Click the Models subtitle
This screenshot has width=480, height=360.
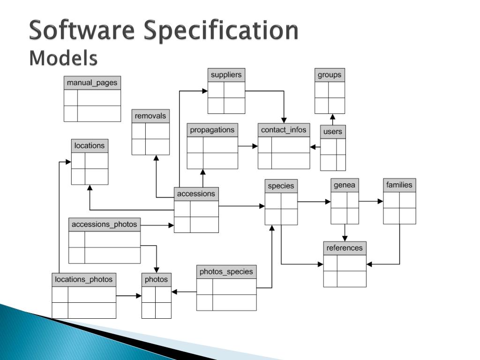click(63, 58)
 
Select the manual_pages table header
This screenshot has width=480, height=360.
click(92, 83)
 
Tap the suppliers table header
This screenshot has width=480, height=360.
click(226, 75)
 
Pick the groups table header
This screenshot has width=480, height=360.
click(330, 75)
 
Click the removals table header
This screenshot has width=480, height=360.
click(150, 116)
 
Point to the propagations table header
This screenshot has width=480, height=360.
click(212, 130)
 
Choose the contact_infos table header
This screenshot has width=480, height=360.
click(284, 130)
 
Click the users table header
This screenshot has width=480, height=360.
click(333, 132)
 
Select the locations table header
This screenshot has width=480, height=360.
click(90, 146)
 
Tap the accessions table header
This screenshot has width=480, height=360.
click(196, 194)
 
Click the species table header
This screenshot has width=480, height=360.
click(281, 186)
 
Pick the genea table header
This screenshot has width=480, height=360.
click(345, 185)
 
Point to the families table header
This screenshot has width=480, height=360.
click(399, 185)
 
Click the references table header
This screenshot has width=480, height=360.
click(345, 248)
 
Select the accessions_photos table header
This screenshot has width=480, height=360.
click(105, 225)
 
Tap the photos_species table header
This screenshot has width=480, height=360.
click(226, 272)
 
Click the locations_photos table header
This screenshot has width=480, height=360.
click(84, 280)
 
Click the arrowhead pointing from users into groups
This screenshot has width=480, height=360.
click(333, 116)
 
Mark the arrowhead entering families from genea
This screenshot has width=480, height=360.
click(381, 202)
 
